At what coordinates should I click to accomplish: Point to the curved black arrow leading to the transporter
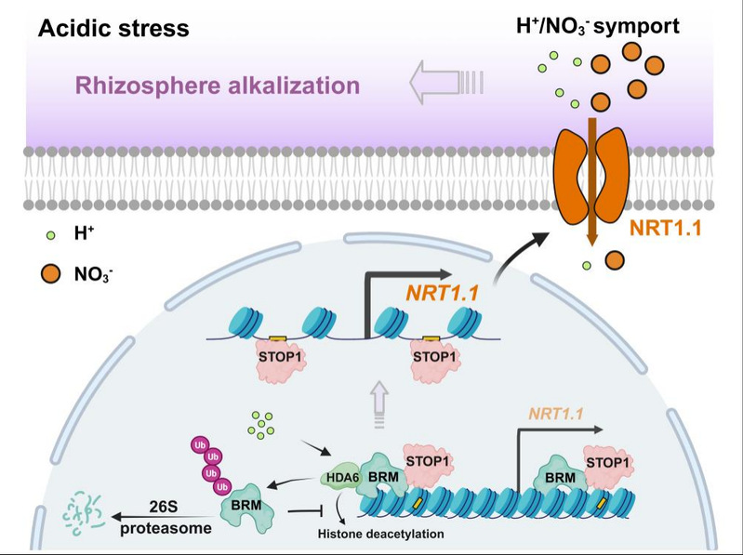coord(521,251)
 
